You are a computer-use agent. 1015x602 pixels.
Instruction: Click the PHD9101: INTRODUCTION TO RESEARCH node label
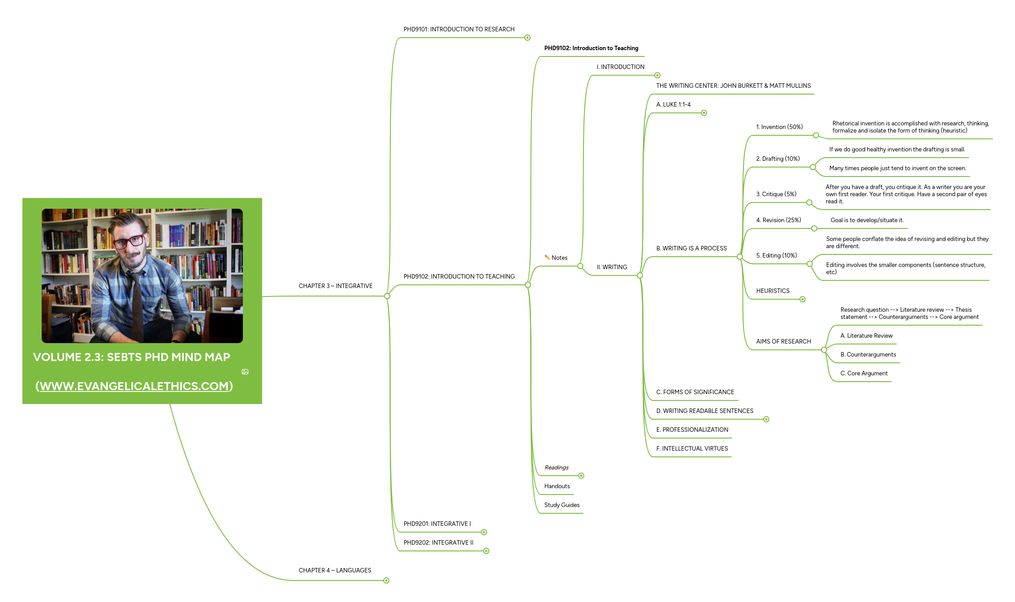coord(458,30)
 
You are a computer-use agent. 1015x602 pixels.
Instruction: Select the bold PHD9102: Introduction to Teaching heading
coord(591,48)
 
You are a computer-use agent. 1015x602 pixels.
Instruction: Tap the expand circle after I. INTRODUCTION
coord(657,75)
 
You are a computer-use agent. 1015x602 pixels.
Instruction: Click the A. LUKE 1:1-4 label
coord(673,105)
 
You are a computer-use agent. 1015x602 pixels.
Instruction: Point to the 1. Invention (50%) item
coord(779,127)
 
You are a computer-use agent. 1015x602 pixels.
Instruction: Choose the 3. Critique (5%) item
coord(776,194)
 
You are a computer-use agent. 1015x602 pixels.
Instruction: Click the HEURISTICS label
coord(773,291)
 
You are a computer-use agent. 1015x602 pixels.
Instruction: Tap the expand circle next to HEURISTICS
coord(803,299)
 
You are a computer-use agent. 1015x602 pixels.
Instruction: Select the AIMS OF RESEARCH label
coord(783,342)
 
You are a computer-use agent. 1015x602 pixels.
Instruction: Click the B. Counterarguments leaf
coord(868,355)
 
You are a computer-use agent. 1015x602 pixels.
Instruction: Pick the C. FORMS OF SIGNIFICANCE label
coord(695,392)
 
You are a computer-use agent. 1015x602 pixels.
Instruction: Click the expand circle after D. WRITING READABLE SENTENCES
coord(766,419)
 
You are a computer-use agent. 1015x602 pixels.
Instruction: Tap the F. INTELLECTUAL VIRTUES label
coord(692,449)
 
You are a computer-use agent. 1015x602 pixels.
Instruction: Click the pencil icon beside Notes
coord(547,258)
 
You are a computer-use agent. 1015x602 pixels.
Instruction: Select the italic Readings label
coord(557,468)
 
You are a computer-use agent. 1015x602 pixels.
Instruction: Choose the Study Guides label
coord(561,505)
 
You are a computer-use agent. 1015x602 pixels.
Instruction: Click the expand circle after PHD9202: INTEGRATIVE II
coord(486,551)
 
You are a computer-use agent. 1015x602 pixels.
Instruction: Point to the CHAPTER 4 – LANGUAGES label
coord(335,571)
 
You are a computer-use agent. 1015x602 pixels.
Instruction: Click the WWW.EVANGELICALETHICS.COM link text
coord(134,386)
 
